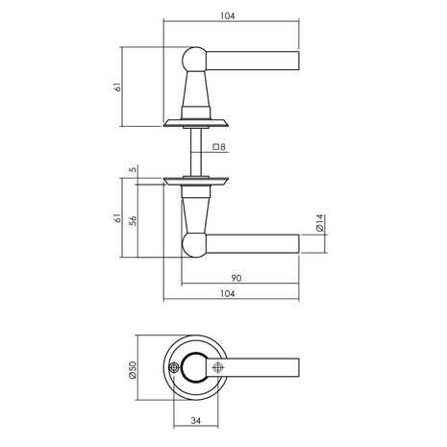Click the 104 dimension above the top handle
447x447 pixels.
click(x=228, y=16)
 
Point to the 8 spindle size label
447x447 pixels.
click(x=222, y=147)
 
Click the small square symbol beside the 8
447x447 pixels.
click(x=213, y=147)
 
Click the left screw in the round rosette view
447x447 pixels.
click(x=173, y=368)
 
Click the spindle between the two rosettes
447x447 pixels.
click(x=195, y=149)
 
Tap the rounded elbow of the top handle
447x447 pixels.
click(x=191, y=61)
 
